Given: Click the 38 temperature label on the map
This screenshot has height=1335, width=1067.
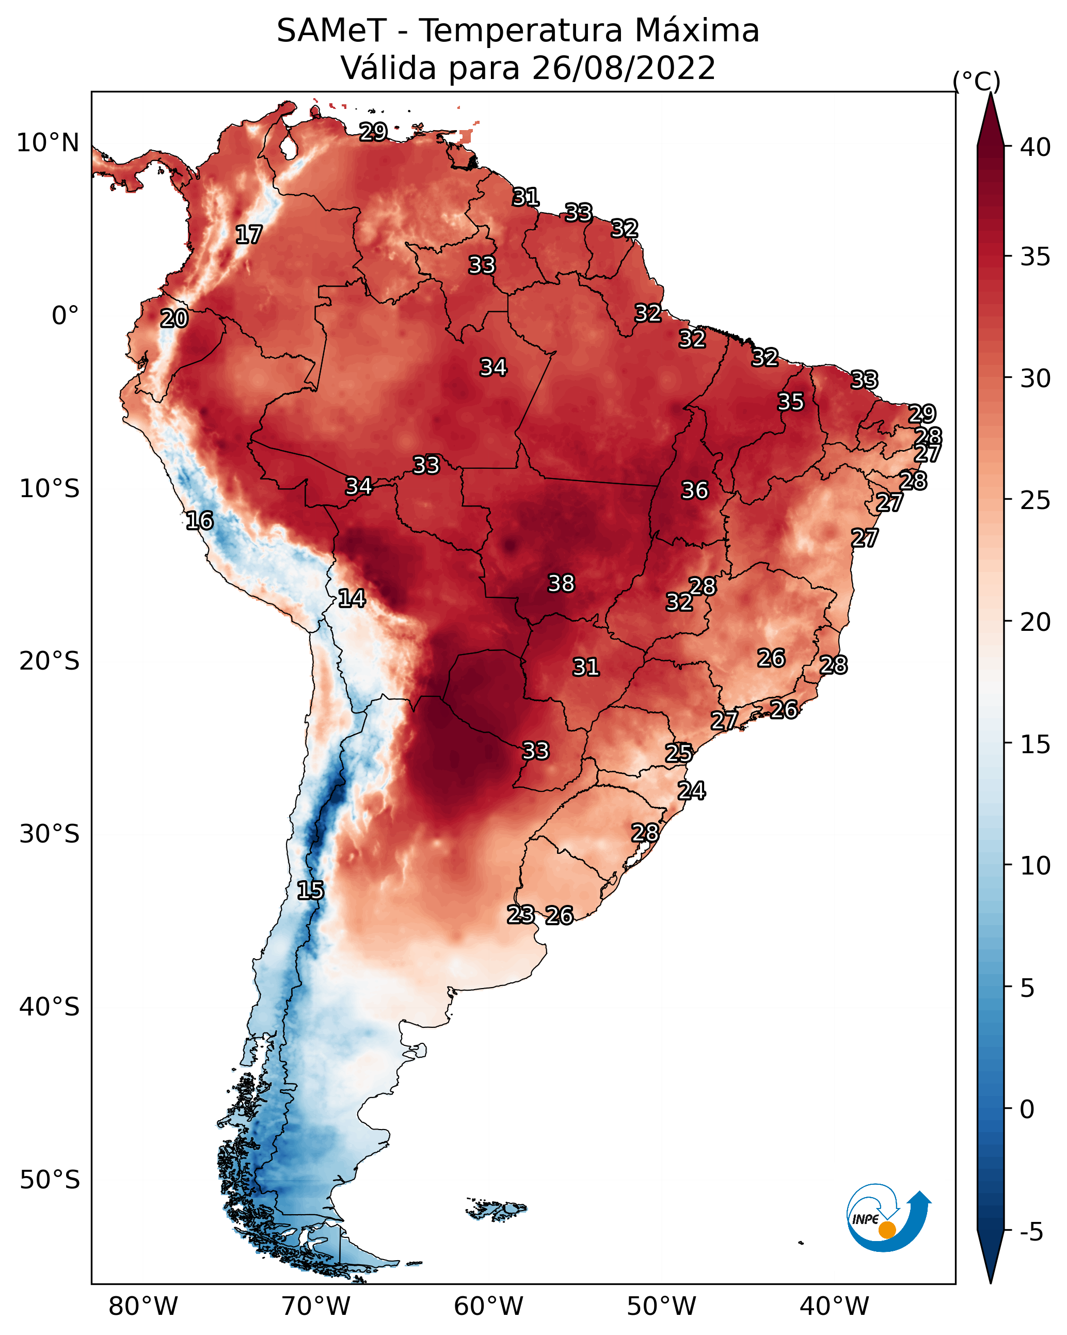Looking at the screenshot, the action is pos(561,583).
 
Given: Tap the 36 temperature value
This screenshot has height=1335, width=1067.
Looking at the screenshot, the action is pos(694,490).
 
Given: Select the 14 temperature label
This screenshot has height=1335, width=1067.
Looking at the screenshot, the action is pos(351,598).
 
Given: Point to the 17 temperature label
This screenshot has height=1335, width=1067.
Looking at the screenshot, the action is pos(248,235).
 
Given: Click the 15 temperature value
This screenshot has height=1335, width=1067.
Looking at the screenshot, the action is pos(310,891).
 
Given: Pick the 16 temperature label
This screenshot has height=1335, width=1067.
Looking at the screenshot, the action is pos(199,521).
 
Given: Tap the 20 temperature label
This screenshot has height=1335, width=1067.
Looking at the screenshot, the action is pos(174,319).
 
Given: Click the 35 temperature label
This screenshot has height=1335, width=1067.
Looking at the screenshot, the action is pos(790,402).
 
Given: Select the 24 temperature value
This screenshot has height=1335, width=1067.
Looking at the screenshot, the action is pos(691,791).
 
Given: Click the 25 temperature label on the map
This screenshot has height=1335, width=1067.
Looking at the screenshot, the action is pos(679,753).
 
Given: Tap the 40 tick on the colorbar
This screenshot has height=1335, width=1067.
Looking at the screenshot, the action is pos(1036,147).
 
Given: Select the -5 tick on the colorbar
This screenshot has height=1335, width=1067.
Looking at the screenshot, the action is pos(1032,1232).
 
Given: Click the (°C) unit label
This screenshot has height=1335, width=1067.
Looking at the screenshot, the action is pos(977,82).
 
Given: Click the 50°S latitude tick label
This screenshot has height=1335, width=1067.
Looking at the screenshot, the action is pos(50,1180).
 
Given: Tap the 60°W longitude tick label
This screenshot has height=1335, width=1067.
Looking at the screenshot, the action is pos(489,1307).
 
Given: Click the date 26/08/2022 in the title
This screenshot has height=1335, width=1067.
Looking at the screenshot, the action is pos(624,68).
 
